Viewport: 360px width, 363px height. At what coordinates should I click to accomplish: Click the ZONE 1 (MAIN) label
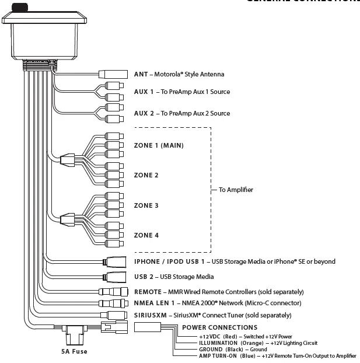click(x=159, y=145)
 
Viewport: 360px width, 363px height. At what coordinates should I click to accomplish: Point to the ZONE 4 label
click(x=146, y=235)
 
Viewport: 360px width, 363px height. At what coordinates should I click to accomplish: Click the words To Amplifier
click(x=236, y=190)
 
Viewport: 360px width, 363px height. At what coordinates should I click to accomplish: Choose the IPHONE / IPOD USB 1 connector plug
click(x=116, y=261)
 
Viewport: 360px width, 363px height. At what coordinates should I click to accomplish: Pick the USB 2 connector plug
click(x=116, y=277)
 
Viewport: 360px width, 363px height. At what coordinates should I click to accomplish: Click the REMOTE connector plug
click(x=113, y=291)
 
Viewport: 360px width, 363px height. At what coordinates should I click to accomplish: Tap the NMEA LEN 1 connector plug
click(x=113, y=303)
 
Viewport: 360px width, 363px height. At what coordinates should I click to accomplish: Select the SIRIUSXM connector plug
click(x=114, y=315)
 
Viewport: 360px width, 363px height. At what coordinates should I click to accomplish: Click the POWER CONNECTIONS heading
click(x=219, y=327)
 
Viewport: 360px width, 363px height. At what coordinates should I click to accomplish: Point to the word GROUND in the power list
click(x=211, y=349)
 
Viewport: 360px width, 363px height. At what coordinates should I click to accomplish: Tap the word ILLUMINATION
click(x=219, y=343)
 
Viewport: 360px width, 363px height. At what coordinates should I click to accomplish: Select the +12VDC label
click(x=209, y=337)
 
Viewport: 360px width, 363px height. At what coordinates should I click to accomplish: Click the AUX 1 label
click(x=144, y=92)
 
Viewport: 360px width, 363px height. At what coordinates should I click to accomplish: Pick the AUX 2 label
click(x=144, y=113)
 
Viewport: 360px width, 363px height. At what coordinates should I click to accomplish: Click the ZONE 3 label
click(x=146, y=205)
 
